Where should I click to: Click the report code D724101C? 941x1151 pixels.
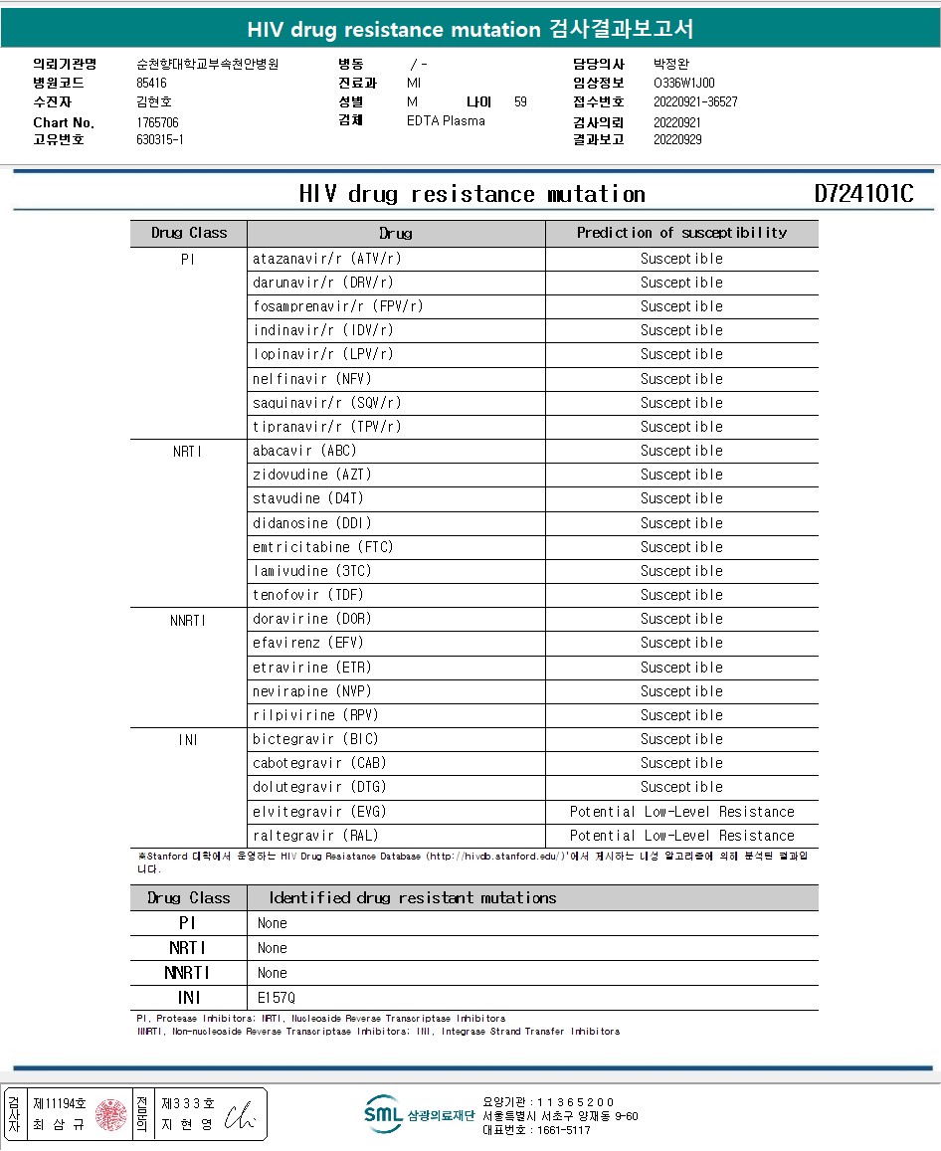863,194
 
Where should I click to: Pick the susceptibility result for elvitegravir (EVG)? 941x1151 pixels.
681,812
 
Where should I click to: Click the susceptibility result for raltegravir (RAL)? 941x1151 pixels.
681,836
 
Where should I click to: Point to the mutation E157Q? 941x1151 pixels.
277,997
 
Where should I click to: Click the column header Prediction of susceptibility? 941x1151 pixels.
681,233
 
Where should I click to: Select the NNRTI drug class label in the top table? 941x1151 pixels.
188,620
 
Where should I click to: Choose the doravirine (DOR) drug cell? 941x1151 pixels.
311,619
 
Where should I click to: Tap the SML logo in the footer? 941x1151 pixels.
383,1114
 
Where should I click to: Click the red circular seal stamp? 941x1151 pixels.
111,1114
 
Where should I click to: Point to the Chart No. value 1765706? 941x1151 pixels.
157,122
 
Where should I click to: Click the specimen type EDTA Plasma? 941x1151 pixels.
446,120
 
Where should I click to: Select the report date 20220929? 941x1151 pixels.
677,139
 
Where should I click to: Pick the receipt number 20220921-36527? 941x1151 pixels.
695,101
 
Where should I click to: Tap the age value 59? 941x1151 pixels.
520,101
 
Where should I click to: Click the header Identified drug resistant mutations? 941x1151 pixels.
412,897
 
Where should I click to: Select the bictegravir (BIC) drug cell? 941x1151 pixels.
315,739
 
